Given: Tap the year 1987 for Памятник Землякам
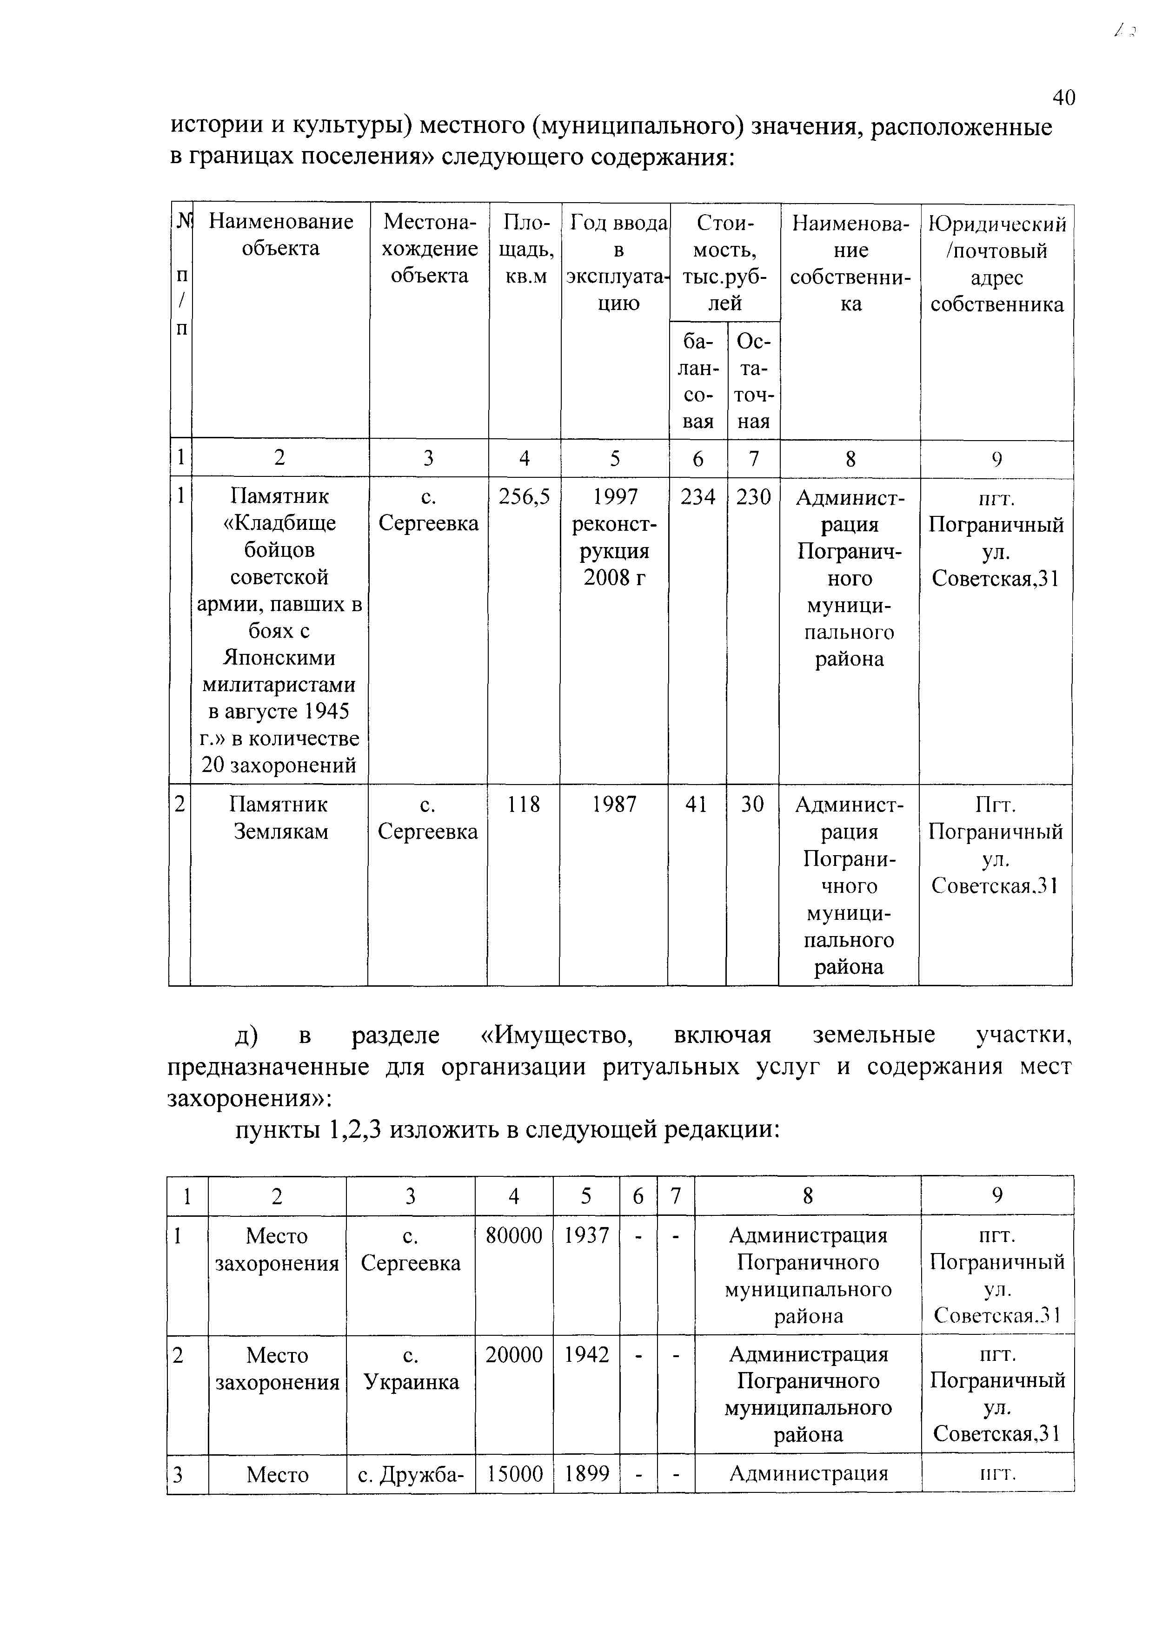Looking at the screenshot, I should [x=614, y=805].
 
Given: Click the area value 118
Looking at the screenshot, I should [x=523, y=805].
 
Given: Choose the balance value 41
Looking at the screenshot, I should [x=696, y=805].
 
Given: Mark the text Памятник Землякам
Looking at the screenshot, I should [x=279, y=818].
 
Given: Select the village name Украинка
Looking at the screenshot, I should [x=411, y=1382].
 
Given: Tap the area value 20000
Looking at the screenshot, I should [x=514, y=1355].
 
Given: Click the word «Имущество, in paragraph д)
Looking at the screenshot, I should [x=557, y=1035].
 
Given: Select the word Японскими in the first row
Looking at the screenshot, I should [x=279, y=658].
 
